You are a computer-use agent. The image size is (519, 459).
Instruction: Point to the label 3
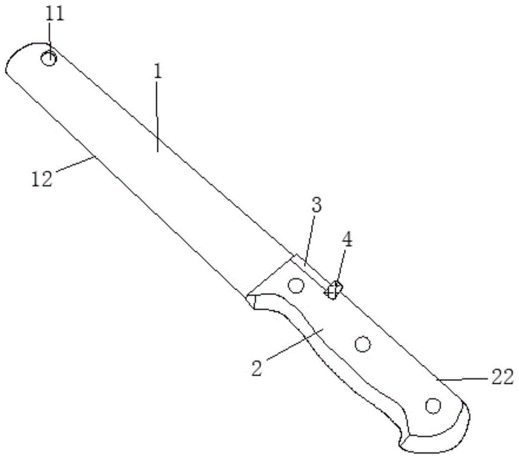coord(317,205)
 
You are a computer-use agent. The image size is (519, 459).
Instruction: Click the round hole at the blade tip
coord(49,59)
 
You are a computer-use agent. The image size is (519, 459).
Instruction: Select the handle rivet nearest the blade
coord(296,286)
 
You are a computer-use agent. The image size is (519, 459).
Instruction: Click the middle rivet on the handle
coord(363,343)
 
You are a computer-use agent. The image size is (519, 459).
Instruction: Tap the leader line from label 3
coord(309,239)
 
